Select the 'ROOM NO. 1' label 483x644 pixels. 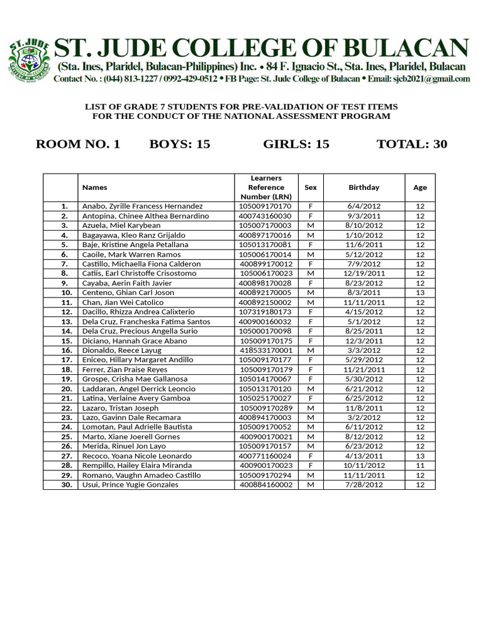78,144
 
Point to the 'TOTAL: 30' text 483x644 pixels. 411,144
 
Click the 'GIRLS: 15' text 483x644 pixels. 296,144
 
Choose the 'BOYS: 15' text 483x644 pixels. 179,144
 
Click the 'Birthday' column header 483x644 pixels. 364,187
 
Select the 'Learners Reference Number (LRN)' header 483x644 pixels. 266,187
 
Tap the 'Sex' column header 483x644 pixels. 311,187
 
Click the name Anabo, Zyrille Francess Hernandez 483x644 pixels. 143,206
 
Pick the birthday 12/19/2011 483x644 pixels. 364,274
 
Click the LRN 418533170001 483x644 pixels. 266,350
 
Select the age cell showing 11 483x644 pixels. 420,465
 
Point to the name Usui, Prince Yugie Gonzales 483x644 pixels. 130,485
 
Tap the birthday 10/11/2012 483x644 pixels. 364,465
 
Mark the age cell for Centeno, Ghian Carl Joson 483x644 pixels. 420,292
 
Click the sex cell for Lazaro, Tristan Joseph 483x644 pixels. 311,408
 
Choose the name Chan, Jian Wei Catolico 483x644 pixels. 122,303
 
